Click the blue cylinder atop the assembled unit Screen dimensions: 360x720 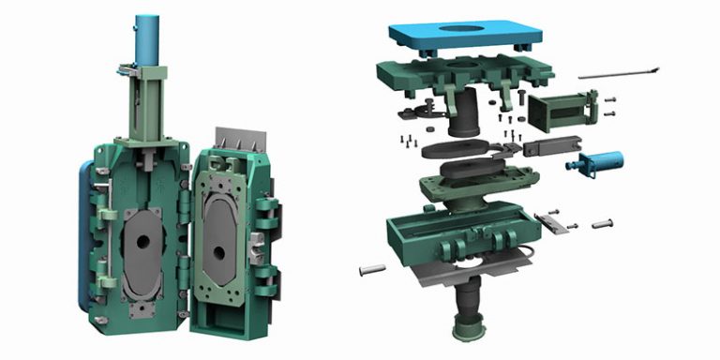click(148, 37)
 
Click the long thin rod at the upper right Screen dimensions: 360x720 click(618, 72)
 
